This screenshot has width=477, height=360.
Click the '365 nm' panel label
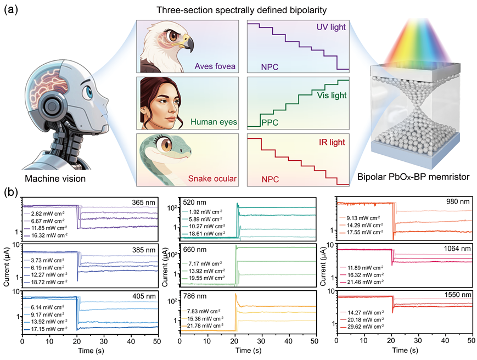coord(144,203)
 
